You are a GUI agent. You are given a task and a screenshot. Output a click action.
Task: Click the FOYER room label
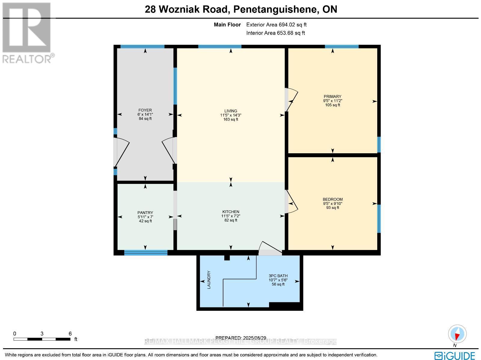(x=145, y=110)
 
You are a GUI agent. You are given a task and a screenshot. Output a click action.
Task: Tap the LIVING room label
(x=231, y=111)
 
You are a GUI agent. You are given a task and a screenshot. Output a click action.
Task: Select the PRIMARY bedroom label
(x=332, y=97)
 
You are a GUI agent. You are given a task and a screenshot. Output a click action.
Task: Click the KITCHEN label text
(x=231, y=212)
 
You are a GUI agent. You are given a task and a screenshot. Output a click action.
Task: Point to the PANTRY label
(x=145, y=212)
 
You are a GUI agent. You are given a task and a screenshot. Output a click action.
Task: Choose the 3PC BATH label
(x=278, y=276)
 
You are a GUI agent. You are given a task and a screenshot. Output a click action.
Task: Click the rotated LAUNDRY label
(x=209, y=280)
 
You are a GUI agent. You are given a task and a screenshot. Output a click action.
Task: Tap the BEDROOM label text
(x=332, y=200)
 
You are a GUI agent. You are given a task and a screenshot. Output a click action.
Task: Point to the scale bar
(x=42, y=339)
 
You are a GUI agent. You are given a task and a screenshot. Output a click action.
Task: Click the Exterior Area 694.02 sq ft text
(x=276, y=25)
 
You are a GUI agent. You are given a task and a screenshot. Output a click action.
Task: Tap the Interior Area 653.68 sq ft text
(x=275, y=33)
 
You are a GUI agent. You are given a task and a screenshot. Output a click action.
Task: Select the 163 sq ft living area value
(x=231, y=119)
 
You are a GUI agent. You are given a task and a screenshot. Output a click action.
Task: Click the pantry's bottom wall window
(x=146, y=253)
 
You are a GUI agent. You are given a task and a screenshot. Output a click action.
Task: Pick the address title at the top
(x=241, y=9)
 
